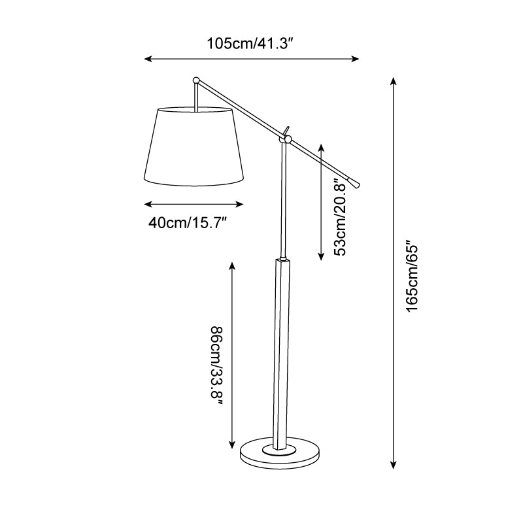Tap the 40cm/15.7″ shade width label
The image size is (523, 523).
[187, 222]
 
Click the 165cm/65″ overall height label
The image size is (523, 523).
[412, 275]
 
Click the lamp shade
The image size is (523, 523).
[194, 146]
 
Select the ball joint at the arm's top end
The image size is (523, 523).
[195, 80]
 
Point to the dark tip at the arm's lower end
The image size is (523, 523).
[353, 182]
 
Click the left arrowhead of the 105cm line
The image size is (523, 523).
[148, 59]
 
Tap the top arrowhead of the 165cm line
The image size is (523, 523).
[394, 81]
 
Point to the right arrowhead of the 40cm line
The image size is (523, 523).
[240, 204]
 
